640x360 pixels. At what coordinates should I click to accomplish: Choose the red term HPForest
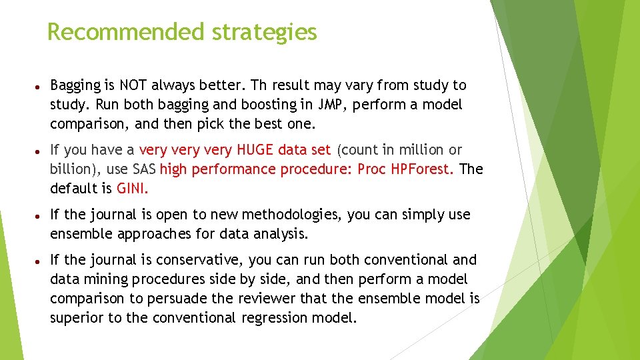click(x=423, y=169)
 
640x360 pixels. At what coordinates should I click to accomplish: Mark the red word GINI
click(x=132, y=189)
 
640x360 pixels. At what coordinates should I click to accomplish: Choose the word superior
click(x=77, y=318)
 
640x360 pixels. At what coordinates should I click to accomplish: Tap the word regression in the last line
click(x=278, y=318)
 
